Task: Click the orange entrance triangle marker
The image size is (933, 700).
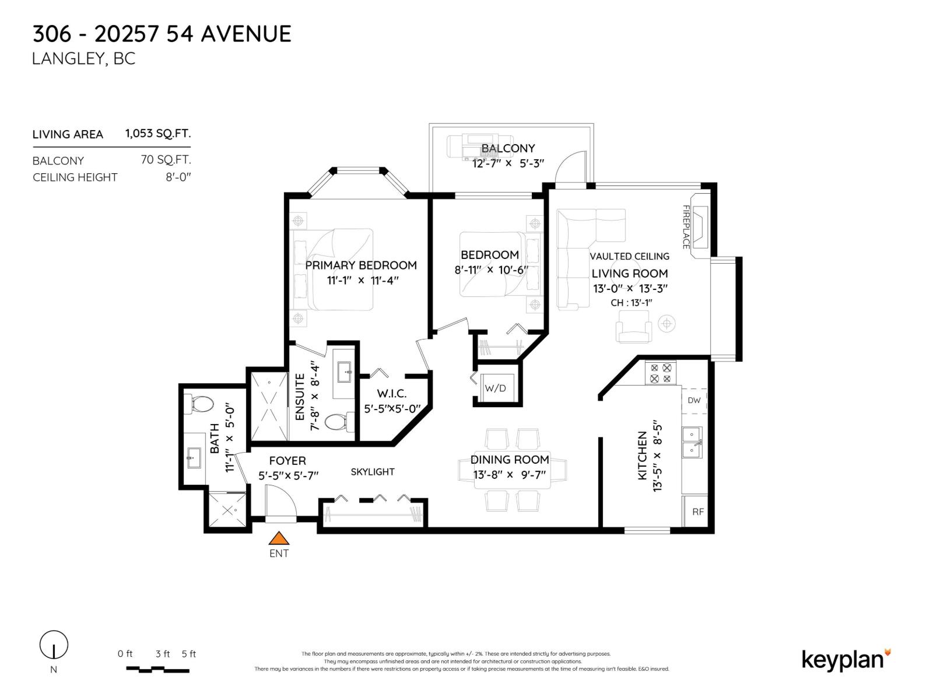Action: point(279,538)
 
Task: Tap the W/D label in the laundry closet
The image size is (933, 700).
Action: point(495,388)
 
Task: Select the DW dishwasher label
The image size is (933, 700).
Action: point(694,400)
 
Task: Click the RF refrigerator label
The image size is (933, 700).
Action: point(698,512)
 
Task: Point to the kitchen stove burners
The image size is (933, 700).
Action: point(661,373)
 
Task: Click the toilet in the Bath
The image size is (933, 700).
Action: point(198,404)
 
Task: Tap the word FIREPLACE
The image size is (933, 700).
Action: point(686,227)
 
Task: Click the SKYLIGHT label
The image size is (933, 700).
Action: point(373,472)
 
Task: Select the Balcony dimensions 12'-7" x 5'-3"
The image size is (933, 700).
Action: point(508,163)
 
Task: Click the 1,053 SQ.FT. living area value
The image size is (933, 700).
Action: point(158,134)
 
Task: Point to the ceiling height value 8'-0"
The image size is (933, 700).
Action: point(178,177)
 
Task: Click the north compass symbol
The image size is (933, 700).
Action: point(54,645)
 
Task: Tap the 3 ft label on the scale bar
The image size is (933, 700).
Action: point(162,654)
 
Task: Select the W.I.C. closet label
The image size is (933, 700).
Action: point(391,394)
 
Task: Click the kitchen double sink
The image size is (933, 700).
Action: point(692,442)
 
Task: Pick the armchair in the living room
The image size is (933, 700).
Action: point(634,327)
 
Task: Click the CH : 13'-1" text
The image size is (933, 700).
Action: point(631,303)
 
